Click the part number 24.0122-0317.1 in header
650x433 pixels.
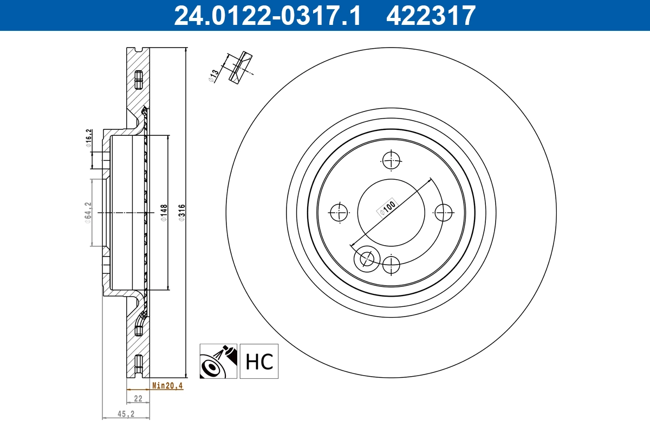coord(266,15)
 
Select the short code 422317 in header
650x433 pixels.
coord(431,15)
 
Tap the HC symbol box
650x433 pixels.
coord(259,361)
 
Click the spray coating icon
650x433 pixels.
coord(218,361)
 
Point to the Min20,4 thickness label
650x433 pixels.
coord(167,386)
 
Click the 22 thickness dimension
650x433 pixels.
coord(138,398)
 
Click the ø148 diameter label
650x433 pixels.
coord(164,212)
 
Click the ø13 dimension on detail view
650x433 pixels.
coord(214,76)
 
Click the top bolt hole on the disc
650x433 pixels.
coord(391,160)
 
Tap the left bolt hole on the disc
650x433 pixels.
coord(339,212)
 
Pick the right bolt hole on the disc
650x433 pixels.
coord(443,212)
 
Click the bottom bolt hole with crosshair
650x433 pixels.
coord(391,265)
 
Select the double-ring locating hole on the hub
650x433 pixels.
coord(366,259)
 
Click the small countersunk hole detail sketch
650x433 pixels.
coord(239,67)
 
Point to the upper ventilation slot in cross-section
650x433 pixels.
coord(138,80)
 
